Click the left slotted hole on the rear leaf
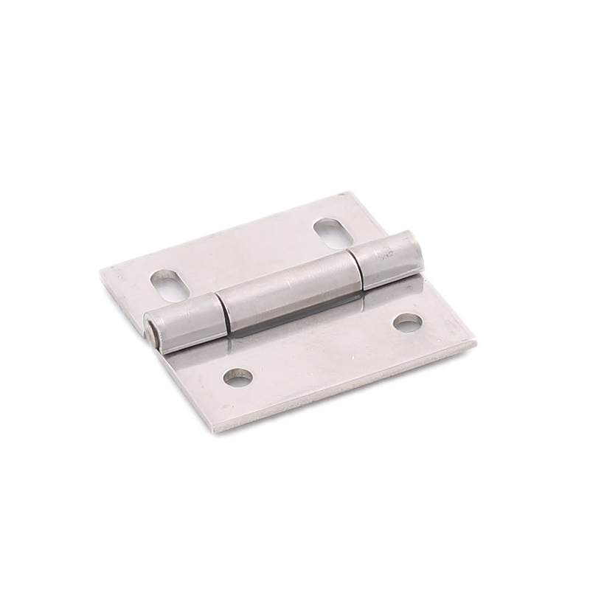170,285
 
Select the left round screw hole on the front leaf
237,378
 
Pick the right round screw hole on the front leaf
407,322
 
